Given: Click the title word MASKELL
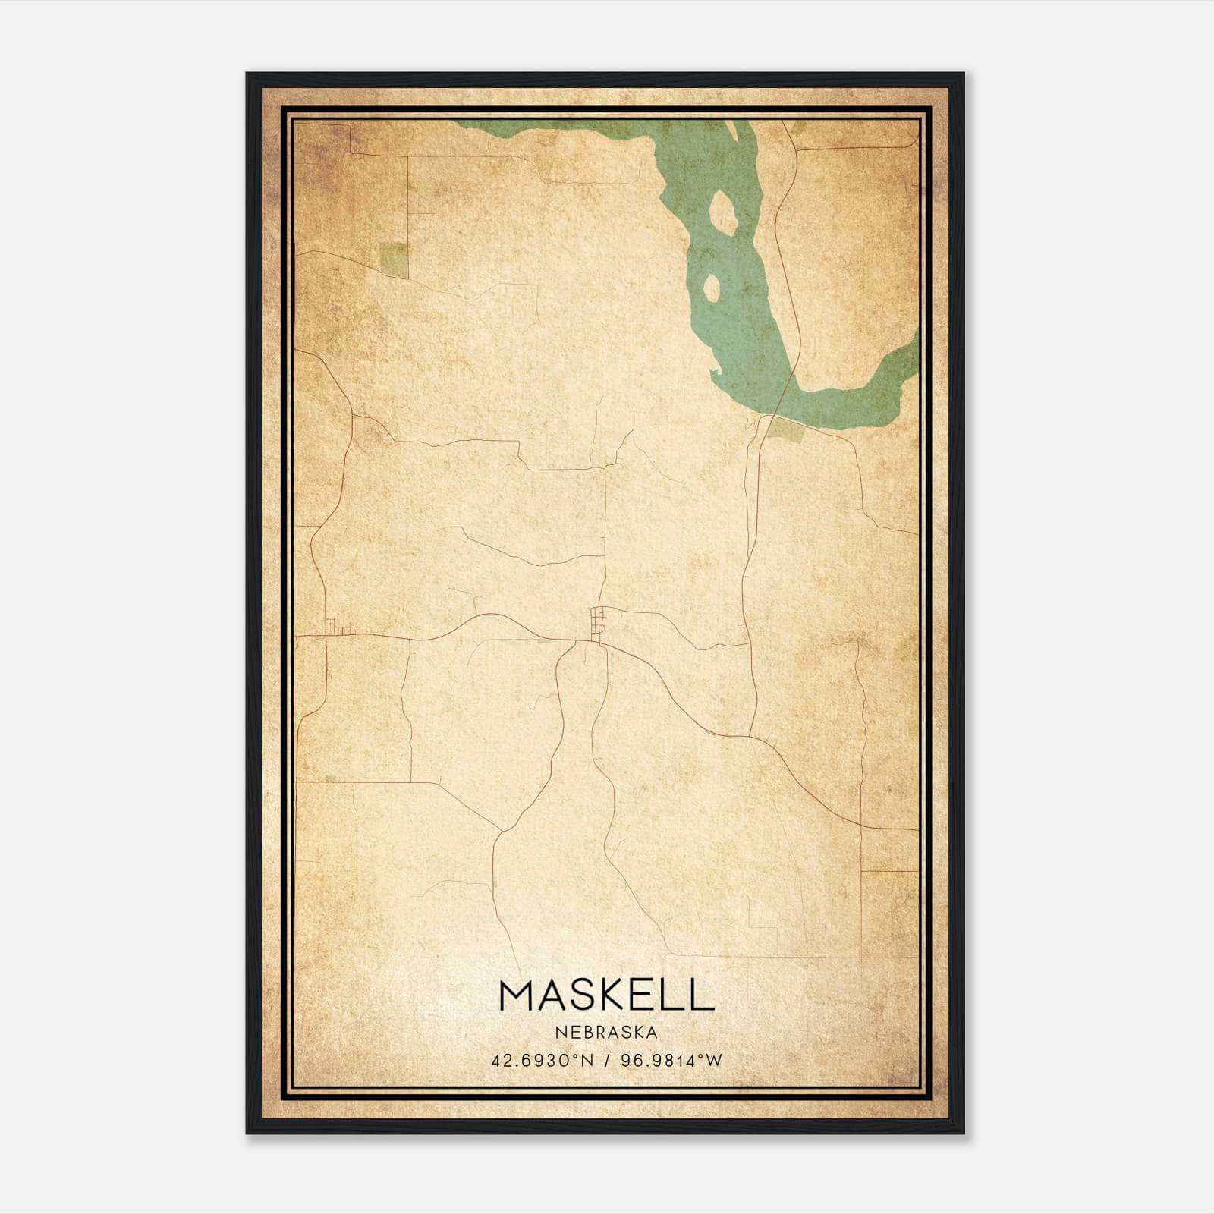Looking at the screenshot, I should tap(606, 995).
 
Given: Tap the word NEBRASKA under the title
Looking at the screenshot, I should tap(606, 1032).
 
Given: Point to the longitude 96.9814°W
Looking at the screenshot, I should tap(671, 1060).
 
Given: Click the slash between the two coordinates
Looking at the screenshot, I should tap(605, 1060).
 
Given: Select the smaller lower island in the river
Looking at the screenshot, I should tap(712, 287).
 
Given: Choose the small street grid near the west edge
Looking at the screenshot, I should tap(338, 627).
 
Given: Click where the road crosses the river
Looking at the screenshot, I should tap(785, 395).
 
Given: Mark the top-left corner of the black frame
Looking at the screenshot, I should tap(247, 74).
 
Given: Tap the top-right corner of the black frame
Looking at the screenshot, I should tap(963, 74).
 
